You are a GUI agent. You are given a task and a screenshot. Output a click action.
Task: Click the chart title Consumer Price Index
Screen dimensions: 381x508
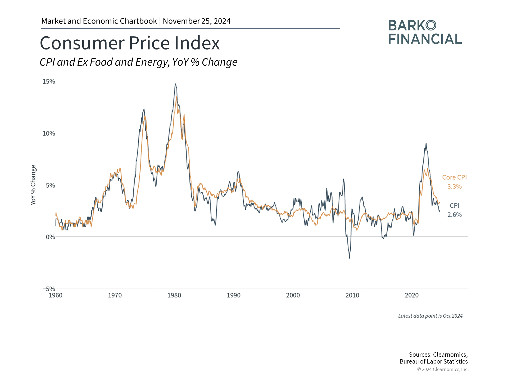[x=130, y=43]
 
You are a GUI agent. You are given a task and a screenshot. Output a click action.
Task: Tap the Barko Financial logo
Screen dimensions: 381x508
[x=425, y=32]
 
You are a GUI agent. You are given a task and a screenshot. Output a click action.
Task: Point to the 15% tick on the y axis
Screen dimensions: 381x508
[x=49, y=81]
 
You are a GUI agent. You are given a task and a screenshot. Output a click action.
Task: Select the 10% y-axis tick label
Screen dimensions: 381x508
[x=49, y=133]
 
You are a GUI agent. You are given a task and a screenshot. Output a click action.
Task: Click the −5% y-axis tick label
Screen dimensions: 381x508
[x=49, y=289]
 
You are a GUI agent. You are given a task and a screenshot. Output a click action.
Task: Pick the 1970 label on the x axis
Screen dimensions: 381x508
[x=115, y=295]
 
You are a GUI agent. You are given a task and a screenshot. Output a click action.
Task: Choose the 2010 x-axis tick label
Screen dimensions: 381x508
[x=352, y=295]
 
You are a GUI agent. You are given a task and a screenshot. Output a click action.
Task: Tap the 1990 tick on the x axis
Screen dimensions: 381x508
[x=234, y=295]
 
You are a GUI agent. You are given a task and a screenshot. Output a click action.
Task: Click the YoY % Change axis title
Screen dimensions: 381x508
[x=33, y=185]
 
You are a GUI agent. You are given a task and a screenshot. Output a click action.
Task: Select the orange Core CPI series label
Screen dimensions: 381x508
[x=454, y=177]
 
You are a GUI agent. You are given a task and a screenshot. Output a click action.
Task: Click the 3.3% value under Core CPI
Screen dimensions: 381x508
[x=454, y=187]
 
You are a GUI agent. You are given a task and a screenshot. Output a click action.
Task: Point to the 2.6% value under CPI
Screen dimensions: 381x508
[x=454, y=215]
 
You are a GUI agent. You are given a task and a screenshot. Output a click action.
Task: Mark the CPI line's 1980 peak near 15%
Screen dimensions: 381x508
[x=175, y=84]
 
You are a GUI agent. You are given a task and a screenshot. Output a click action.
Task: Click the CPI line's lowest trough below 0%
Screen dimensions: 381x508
[x=349, y=258]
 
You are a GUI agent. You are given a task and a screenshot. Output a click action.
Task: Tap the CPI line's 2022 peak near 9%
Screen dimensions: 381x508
[x=426, y=143]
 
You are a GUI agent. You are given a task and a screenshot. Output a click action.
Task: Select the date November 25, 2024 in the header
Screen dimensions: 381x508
[x=197, y=21]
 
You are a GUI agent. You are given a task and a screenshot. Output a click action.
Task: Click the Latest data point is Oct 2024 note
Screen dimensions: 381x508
[x=430, y=316]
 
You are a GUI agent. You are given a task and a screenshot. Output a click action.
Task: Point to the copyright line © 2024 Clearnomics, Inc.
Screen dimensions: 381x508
[x=443, y=369]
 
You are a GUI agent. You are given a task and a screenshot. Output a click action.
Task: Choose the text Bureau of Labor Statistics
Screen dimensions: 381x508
[x=434, y=361]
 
